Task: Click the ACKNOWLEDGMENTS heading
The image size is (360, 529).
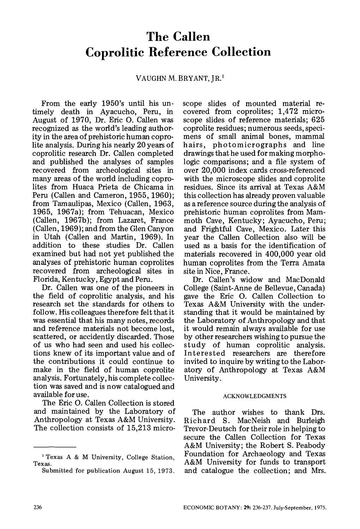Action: click(254, 396)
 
